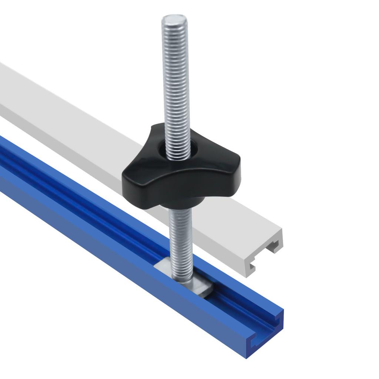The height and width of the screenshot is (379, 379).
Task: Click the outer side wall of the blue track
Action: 111,252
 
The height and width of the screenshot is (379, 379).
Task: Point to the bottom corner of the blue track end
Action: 247,357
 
